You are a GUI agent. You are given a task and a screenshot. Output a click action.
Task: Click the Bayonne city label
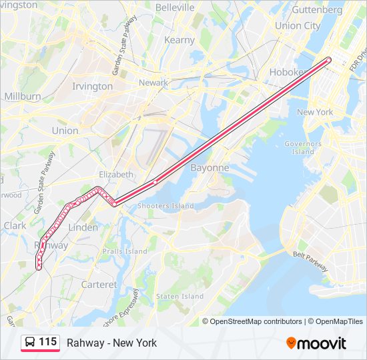pos(210,168)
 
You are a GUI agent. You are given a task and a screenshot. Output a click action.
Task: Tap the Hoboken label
pos(288,72)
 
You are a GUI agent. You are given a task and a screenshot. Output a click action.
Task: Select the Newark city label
pos(153,83)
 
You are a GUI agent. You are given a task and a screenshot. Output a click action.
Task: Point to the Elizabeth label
pos(116,174)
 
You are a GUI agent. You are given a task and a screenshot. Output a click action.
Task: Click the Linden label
pos(83,227)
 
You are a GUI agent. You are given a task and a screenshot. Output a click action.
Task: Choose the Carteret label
pos(99,285)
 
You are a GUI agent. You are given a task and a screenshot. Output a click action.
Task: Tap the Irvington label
pos(93,86)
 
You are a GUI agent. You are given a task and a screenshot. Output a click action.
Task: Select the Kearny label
pos(179,40)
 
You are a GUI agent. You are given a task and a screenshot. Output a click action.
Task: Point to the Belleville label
pos(175,7)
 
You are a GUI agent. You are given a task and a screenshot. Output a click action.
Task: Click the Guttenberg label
pos(317,10)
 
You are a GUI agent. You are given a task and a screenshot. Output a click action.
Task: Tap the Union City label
pos(298,26)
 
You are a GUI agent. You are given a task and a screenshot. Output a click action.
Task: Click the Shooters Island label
pos(165,206)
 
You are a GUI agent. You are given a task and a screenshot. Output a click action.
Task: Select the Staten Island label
pos(179,296)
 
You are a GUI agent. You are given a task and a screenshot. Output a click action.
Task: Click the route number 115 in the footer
pos(47,342)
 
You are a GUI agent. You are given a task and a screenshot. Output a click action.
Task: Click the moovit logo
pos(316,343)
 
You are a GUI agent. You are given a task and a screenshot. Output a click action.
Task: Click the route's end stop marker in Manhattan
pos(328,60)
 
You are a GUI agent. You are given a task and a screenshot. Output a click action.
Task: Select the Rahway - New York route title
pos(111,343)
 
